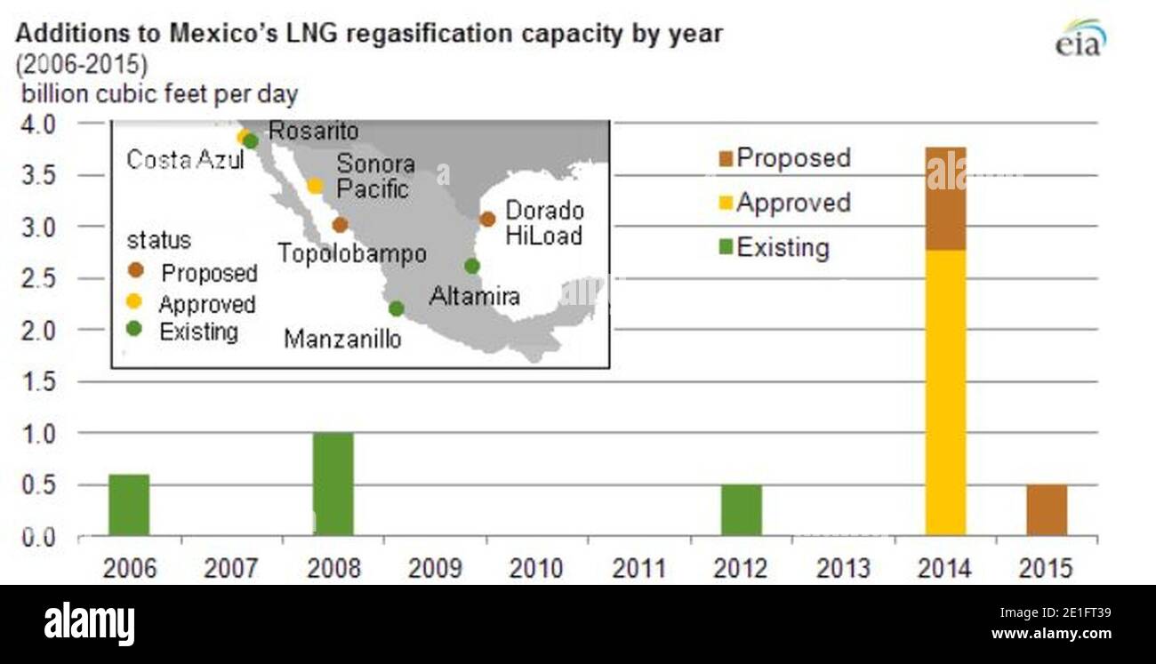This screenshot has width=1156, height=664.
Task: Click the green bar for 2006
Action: click(128, 505)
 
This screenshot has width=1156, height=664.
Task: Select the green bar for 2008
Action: click(333, 484)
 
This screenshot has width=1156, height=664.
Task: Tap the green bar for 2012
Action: click(741, 509)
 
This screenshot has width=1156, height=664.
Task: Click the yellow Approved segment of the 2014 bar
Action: click(945, 392)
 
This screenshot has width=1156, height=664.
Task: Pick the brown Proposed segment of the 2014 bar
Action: click(945, 198)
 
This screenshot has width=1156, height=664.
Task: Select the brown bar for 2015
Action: click(1047, 509)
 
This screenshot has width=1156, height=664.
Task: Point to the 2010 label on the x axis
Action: click(536, 568)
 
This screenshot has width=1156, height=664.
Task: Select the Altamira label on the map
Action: click(474, 296)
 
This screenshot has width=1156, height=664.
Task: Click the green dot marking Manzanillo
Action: click(397, 308)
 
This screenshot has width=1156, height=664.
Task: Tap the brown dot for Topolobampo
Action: click(340, 225)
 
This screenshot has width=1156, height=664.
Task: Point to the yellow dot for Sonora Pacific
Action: click(315, 186)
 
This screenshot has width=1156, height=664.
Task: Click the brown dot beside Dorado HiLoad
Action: click(487, 219)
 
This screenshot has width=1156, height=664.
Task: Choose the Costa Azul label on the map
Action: click(184, 160)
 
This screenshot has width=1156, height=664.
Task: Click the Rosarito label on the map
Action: click(313, 132)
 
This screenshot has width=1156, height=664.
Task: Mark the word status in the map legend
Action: click(158, 241)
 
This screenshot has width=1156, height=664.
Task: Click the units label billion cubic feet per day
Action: click(160, 93)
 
